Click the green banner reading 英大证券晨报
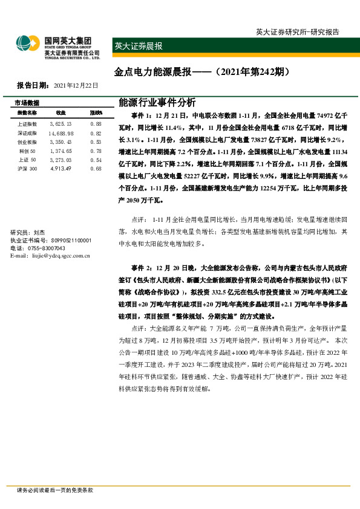(139, 46)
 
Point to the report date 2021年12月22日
(76, 85)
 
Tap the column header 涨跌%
(96, 113)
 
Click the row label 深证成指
(27, 132)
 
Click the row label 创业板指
(27, 141)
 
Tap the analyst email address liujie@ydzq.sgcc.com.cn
(51, 256)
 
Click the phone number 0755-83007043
(45, 248)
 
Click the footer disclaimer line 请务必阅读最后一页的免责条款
(55, 490)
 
